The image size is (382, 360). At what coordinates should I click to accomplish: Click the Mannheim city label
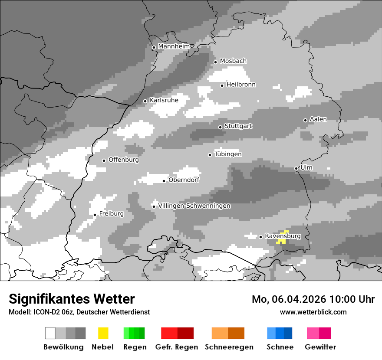point(174,46)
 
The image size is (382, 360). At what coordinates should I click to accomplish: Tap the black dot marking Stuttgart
point(220,127)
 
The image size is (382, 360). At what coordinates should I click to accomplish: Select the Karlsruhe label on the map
point(164,100)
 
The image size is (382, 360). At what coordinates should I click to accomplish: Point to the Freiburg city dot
point(95,215)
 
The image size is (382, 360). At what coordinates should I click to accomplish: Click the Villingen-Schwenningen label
point(194,206)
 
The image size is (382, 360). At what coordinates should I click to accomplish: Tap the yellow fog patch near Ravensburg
point(283,237)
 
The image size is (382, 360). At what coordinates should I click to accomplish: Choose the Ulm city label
point(306,167)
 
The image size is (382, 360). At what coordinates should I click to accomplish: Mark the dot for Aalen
point(305,120)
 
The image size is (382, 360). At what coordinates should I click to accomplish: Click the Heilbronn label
point(241,85)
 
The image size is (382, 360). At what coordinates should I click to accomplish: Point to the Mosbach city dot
point(215,62)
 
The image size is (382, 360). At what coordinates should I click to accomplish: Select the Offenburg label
point(124,160)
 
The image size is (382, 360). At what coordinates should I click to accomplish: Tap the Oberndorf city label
point(184,180)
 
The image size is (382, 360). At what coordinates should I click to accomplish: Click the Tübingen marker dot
point(210,155)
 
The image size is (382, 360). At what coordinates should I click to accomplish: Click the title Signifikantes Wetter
point(72,299)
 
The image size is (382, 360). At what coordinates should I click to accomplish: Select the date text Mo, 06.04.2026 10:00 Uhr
point(313,299)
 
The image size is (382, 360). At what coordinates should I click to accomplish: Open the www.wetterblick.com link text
point(313,312)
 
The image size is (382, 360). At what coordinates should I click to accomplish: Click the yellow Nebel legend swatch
point(103,333)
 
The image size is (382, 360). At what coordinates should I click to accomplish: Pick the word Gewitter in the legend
point(320,347)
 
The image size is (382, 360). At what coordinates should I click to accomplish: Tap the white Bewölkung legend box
point(50,333)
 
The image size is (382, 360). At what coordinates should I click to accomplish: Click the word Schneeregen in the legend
point(229,347)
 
